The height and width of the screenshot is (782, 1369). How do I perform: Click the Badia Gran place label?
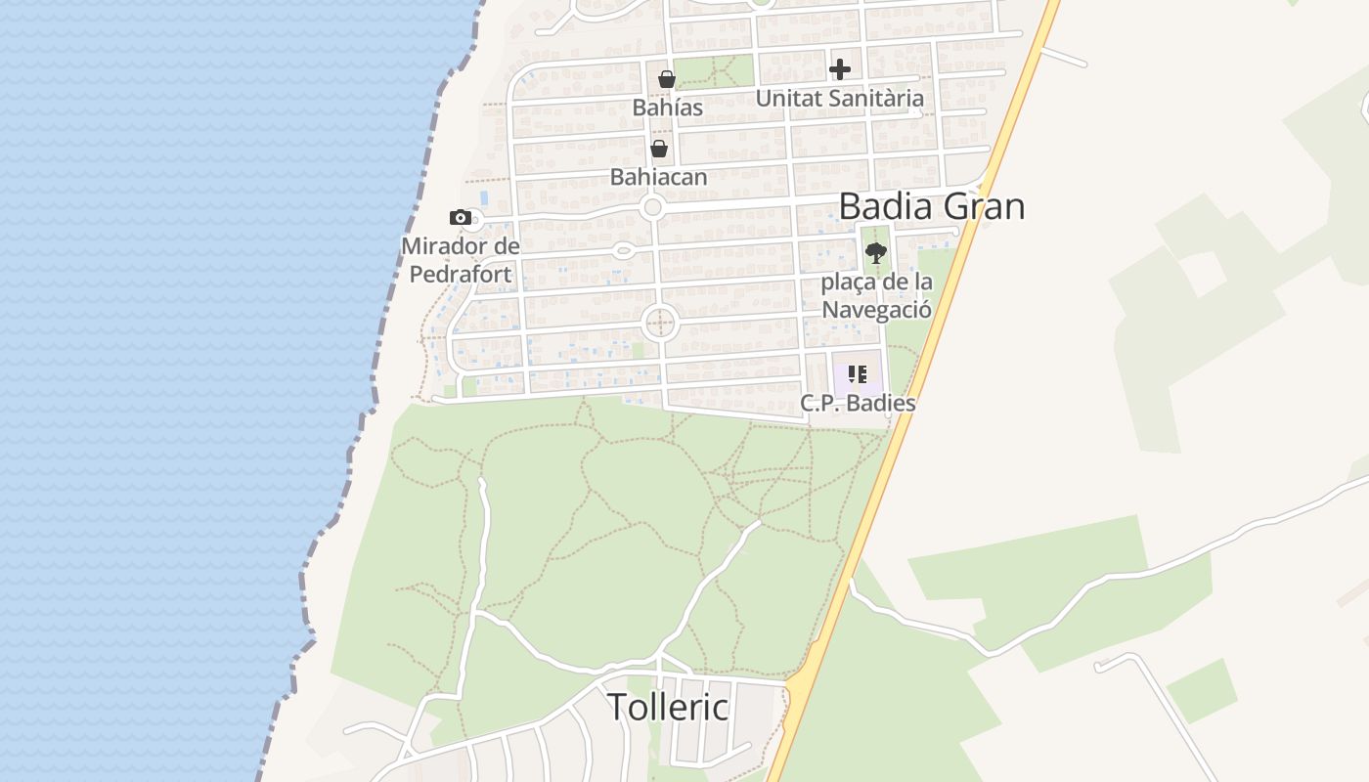coord(931,206)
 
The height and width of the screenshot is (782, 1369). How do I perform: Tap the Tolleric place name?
coord(669,706)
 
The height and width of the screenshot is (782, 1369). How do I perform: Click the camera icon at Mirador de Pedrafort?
coord(461,217)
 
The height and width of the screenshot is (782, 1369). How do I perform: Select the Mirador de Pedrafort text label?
coord(460,260)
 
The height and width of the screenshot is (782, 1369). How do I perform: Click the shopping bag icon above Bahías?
coord(667,78)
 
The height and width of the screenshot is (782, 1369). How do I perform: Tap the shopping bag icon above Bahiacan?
coord(659,149)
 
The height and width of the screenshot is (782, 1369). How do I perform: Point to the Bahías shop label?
coord(667,107)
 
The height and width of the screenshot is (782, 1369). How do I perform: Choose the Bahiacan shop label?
coord(658,177)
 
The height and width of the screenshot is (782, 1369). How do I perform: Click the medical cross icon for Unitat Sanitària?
coord(839,69)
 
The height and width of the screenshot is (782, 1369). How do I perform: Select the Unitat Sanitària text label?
coord(839,98)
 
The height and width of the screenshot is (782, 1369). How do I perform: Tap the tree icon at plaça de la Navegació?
coord(875,253)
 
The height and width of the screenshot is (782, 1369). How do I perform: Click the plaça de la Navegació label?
coord(875,295)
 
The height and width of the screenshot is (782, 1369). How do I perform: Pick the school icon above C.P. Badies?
coord(857,374)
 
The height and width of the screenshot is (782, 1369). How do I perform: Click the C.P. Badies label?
coord(857,402)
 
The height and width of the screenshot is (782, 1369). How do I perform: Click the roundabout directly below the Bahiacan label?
coord(653,207)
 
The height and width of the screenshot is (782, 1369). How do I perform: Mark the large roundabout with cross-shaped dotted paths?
coord(660,322)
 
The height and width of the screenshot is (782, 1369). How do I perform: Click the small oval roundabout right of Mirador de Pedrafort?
coord(623,251)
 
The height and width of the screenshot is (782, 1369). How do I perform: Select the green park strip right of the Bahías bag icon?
coord(714,71)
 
